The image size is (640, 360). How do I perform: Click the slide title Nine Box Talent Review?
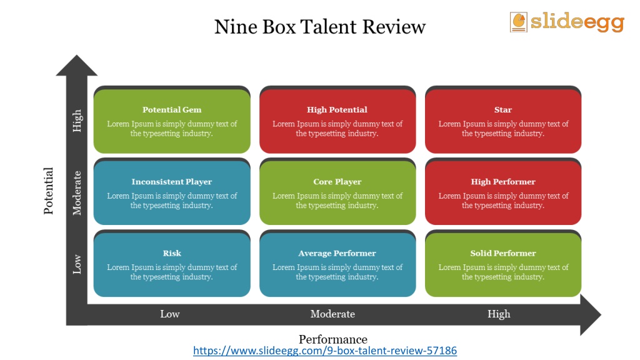[x=320, y=27]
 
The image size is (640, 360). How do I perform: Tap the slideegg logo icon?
[x=518, y=22]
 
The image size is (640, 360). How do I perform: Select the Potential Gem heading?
[x=172, y=109]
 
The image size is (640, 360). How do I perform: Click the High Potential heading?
[x=337, y=109]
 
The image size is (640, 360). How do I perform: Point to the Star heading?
[x=503, y=109]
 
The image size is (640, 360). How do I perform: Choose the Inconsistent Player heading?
[x=172, y=182]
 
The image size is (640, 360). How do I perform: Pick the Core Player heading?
[x=337, y=182]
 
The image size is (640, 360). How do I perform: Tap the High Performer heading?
[x=503, y=182]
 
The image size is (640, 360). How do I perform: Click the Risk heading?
[x=172, y=253]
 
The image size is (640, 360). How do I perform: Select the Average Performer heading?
[x=337, y=253]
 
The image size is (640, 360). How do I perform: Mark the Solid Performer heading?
[x=503, y=253]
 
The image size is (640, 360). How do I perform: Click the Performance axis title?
[x=333, y=339]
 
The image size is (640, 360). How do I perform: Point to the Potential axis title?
[x=49, y=191]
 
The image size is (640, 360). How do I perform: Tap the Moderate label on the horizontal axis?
[x=332, y=314]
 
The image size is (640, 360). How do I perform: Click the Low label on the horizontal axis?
[x=170, y=314]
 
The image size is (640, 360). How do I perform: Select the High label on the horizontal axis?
[x=499, y=314]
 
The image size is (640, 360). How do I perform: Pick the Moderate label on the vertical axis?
[x=77, y=193]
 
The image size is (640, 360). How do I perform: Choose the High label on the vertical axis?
[x=77, y=121]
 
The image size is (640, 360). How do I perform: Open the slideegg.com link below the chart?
[x=325, y=351]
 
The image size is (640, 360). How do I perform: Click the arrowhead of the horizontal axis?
[x=591, y=315]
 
